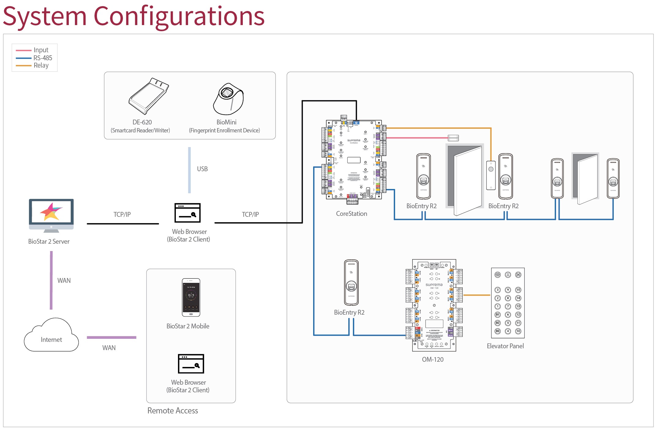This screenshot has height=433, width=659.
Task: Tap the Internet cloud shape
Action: click(x=51, y=336)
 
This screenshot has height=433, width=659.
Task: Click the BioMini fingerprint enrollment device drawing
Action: click(x=228, y=99)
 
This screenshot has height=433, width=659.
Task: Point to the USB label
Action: click(x=202, y=169)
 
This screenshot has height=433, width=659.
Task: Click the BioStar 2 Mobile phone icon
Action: click(x=191, y=297)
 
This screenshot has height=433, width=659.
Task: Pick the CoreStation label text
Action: click(x=351, y=214)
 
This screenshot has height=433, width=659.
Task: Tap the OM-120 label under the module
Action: click(x=432, y=360)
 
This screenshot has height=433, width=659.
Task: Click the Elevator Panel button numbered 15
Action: click(x=518, y=290)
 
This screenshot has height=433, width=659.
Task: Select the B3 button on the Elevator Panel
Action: click(x=498, y=331)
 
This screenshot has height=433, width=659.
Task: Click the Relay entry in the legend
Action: click(x=41, y=65)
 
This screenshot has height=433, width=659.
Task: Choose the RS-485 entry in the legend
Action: click(x=43, y=58)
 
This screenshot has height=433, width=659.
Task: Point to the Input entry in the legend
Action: click(x=41, y=50)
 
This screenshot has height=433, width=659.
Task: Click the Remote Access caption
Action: click(x=172, y=411)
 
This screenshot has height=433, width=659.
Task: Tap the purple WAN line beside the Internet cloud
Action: click(x=111, y=338)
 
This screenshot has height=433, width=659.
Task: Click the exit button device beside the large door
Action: click(x=491, y=175)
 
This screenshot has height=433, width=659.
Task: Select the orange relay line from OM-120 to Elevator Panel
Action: click(x=477, y=295)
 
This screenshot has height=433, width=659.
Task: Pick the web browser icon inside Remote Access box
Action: click(x=191, y=364)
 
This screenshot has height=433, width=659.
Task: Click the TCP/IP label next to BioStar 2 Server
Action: click(x=122, y=215)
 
